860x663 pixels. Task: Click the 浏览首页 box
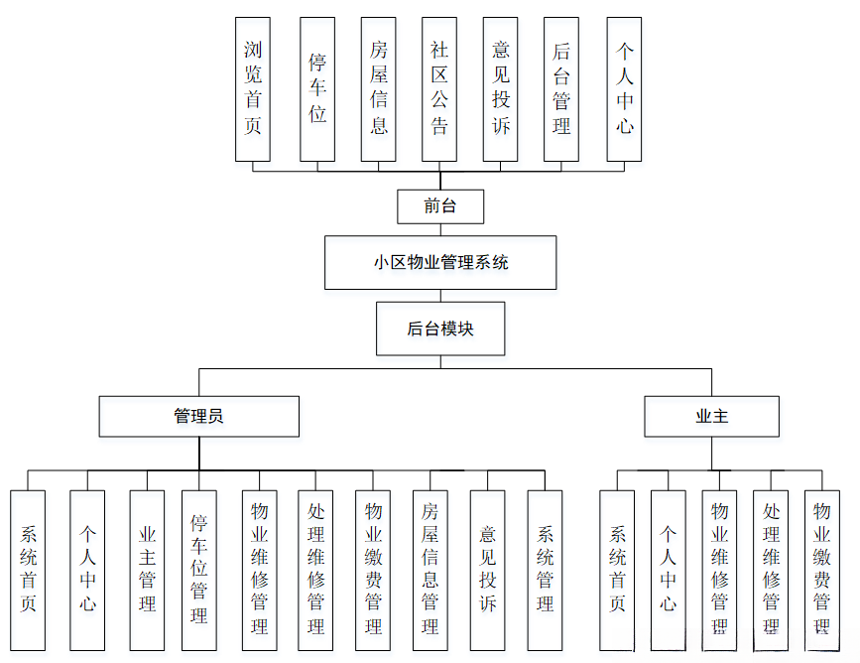coord(253,88)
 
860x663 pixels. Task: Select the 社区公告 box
coord(439,88)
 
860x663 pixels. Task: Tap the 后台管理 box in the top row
coord(561,88)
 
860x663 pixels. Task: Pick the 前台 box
coord(440,206)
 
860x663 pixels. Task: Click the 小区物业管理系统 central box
coord(440,263)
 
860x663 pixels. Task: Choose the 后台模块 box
coord(440,329)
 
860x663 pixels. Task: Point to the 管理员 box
coord(198,416)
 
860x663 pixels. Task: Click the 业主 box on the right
coord(711,416)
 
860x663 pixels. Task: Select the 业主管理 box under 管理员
coord(147,570)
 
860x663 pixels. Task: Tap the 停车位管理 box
coord(198,570)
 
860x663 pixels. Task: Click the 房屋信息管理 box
coord(430,570)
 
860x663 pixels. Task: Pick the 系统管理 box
coord(545,570)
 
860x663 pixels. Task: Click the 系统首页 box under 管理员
coord(28,570)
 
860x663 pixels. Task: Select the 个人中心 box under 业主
coord(668,570)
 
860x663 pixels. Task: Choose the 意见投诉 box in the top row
coord(501,88)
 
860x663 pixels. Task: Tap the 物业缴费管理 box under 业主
coord(821,570)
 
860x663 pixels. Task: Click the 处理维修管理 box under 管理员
coord(315,570)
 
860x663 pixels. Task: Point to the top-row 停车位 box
coord(317,88)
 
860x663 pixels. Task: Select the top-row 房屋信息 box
coord(378,88)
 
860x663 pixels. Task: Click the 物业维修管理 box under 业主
coord(719,570)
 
